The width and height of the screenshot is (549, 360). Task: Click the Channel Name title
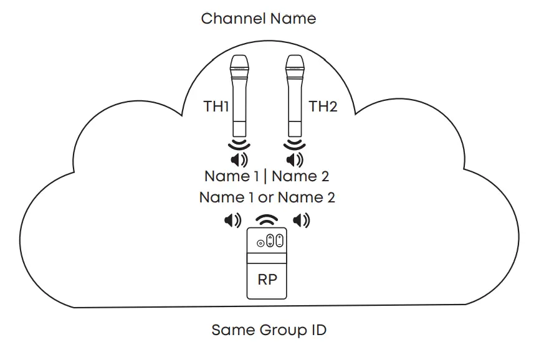258,19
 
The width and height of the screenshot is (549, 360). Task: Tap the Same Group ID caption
268,330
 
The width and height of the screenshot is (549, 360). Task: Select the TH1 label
216,107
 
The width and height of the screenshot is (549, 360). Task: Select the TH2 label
323,107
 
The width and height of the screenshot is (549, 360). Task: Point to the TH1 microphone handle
239,112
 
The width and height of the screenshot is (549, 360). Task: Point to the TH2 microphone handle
295,112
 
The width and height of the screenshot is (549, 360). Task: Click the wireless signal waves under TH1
238,146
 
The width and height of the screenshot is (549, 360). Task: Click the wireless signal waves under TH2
294,146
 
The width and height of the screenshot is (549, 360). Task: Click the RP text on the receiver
267,280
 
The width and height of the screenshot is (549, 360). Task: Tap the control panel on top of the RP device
267,240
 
